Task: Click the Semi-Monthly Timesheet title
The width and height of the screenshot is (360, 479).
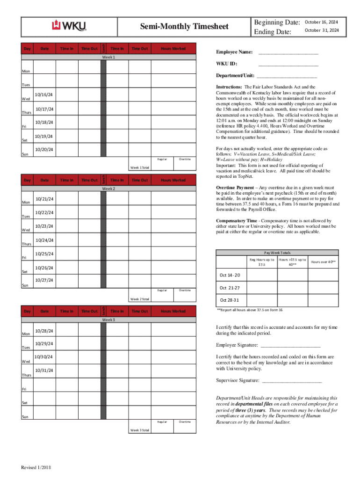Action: tap(185, 27)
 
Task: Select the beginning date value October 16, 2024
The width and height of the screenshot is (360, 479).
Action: tap(322, 22)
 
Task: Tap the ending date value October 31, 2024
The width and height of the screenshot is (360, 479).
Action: tap(322, 30)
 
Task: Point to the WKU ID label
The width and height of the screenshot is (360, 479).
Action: tap(227, 64)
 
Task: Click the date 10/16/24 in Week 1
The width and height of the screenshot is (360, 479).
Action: tap(43, 95)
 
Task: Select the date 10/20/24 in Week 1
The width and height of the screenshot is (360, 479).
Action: tap(43, 150)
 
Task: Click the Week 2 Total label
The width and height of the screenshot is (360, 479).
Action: tap(139, 299)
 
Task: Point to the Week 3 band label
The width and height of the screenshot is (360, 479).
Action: tap(108, 320)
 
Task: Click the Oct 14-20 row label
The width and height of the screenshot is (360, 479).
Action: tap(230, 275)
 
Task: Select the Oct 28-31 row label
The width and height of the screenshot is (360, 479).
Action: tap(230, 300)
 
